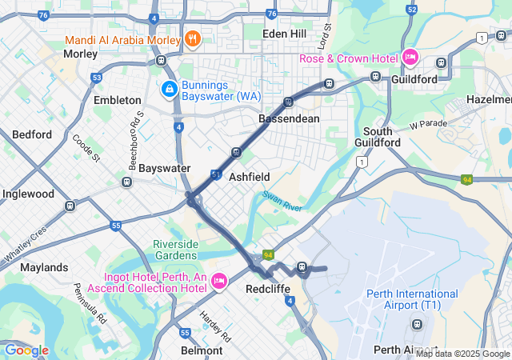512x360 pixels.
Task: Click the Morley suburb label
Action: pyautogui.click(x=80, y=54)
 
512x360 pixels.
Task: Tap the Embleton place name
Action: pyautogui.click(x=117, y=100)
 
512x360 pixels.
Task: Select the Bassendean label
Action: pyautogui.click(x=289, y=118)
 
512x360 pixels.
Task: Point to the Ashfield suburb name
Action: pyautogui.click(x=250, y=176)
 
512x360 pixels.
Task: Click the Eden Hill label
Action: pyautogui.click(x=286, y=34)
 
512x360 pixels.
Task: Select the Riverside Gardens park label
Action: pyautogui.click(x=182, y=250)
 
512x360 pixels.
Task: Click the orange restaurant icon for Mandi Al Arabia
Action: pyautogui.click(x=192, y=38)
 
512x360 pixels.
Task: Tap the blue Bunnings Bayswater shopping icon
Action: pyautogui.click(x=170, y=89)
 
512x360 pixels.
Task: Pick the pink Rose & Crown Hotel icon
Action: pyautogui.click(x=410, y=57)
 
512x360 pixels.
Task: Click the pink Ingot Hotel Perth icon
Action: pyautogui.click(x=219, y=281)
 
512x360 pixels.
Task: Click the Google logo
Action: pyautogui.click(x=26, y=350)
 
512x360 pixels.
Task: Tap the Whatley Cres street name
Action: pyautogui.click(x=26, y=242)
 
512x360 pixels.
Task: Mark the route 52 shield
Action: pyautogui.click(x=412, y=9)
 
